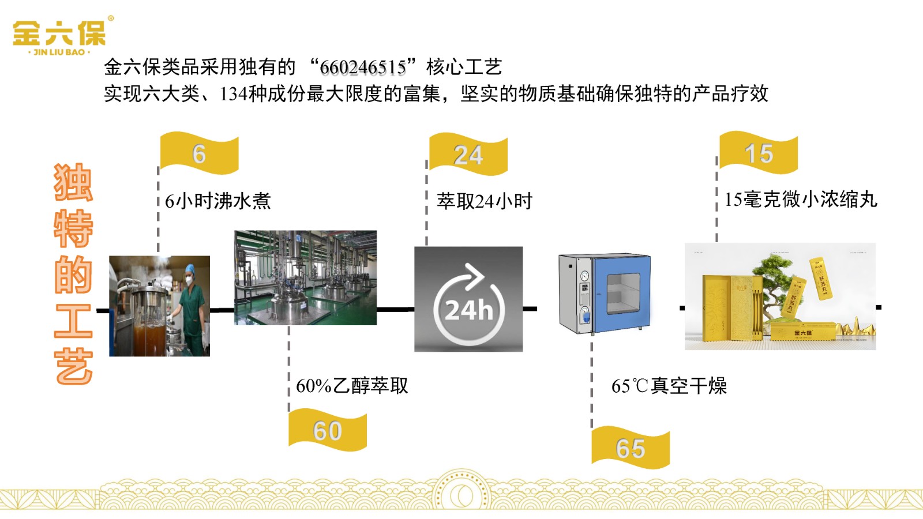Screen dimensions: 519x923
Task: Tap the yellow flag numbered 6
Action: pyautogui.click(x=199, y=154)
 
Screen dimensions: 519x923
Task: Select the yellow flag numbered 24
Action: pyautogui.click(x=468, y=155)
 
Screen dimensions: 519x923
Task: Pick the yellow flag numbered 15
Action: pyautogui.click(x=759, y=153)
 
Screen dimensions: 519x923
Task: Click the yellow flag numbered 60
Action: pyautogui.click(x=328, y=431)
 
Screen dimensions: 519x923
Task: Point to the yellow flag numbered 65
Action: pyautogui.click(x=631, y=448)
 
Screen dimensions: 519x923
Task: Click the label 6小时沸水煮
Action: pyautogui.click(x=217, y=201)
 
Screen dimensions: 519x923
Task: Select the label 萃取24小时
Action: pyautogui.click(x=485, y=201)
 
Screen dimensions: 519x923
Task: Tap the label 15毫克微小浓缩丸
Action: pyautogui.click(x=801, y=200)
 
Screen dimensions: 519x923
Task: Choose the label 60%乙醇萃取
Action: pyautogui.click(x=352, y=386)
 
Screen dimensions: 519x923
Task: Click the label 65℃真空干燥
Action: pyautogui.click(x=669, y=386)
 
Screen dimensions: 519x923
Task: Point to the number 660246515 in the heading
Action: pyautogui.click(x=363, y=67)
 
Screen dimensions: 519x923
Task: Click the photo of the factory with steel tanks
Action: pyautogui.click(x=305, y=277)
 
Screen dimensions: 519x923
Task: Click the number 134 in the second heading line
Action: pyautogui.click(x=233, y=94)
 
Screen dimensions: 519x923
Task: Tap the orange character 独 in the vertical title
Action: pyautogui.click(x=73, y=183)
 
